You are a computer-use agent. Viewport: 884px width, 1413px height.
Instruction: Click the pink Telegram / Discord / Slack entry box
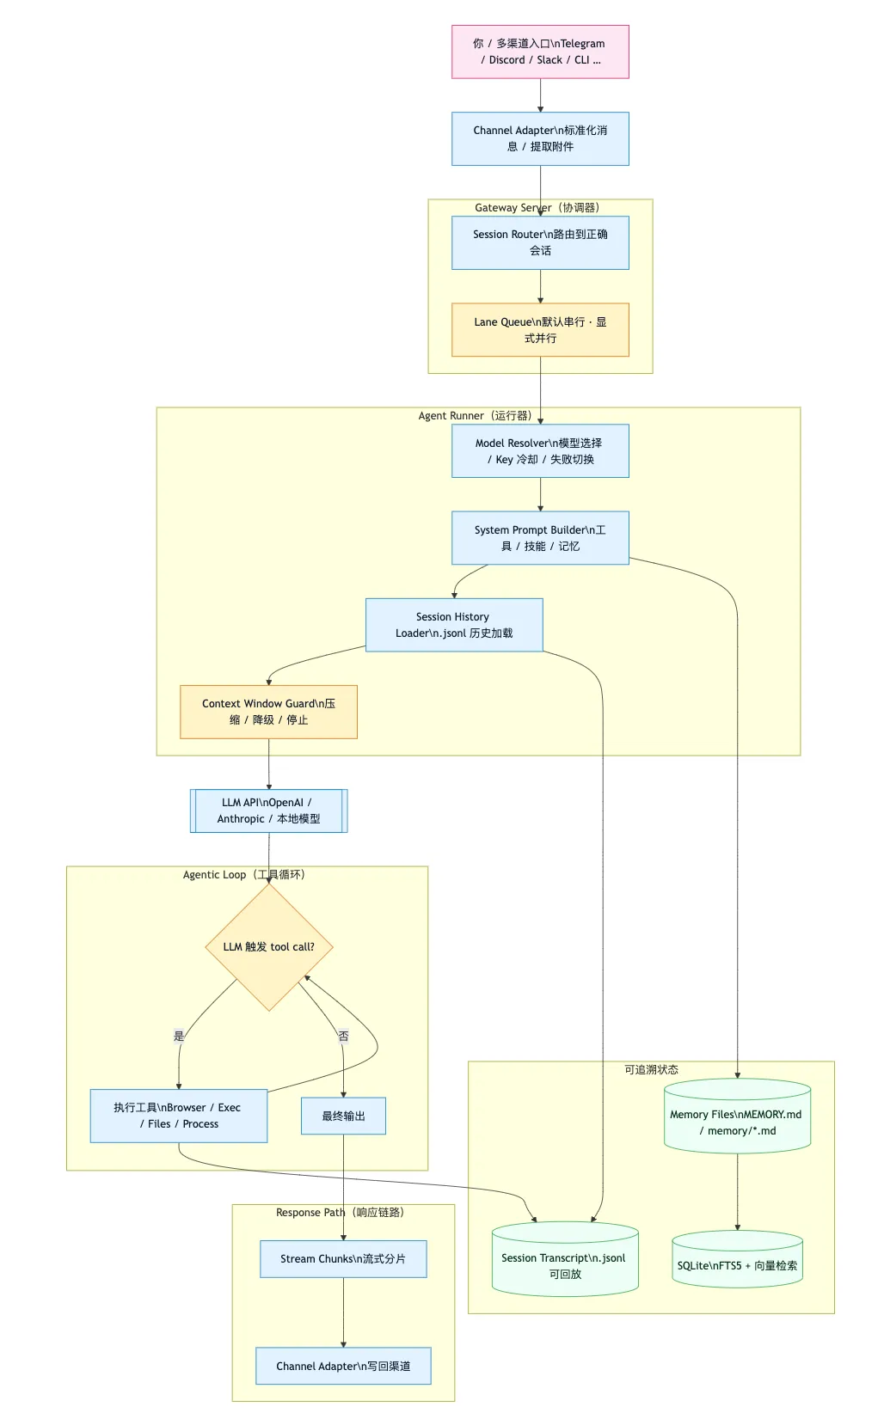coord(540,52)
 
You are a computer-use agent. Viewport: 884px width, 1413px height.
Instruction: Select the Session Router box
coord(540,242)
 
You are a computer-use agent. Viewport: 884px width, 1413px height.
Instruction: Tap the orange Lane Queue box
coord(540,330)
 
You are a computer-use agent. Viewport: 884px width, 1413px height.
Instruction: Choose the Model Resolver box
coord(540,451)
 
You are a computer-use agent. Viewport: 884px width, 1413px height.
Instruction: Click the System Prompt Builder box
coord(540,538)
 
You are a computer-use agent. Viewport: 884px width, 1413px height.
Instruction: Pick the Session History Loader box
coord(454,625)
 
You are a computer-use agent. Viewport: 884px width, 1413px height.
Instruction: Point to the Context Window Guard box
coord(268,712)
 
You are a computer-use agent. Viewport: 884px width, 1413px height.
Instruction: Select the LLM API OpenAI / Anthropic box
coord(268,810)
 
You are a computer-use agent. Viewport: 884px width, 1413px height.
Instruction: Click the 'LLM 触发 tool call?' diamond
coord(268,947)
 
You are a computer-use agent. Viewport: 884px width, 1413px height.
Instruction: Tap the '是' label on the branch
coord(179,1036)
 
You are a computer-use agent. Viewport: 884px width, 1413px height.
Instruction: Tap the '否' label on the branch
coord(343,1036)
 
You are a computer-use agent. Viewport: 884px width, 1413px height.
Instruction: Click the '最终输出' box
coord(343,1116)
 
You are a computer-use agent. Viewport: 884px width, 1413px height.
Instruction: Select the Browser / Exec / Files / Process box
coord(179,1116)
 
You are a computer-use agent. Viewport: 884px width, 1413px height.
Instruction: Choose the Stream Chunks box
coord(343,1259)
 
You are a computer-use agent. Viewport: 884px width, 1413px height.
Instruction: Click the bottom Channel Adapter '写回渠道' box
coord(343,1366)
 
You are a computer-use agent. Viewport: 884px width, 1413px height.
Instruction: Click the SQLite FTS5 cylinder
coord(737,1262)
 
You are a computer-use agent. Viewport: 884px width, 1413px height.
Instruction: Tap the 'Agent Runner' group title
coord(475,416)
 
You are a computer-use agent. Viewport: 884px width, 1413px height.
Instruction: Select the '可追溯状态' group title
coord(651,1070)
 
